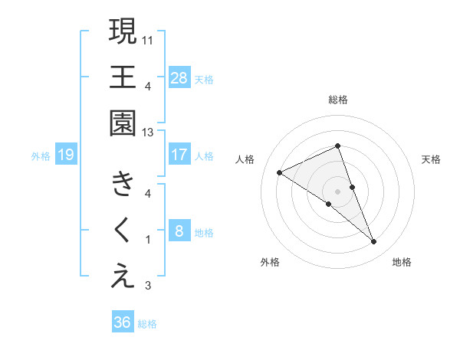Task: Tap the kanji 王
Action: (123, 77)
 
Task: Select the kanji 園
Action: (123, 123)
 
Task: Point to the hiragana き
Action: (123, 184)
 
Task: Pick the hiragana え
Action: (123, 277)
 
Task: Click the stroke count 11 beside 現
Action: (149, 38)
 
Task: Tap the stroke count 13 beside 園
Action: (149, 132)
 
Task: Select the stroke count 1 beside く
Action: (148, 240)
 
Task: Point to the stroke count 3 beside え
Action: (148, 286)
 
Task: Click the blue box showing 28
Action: (179, 77)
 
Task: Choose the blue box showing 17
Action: (179, 155)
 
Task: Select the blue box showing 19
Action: (65, 155)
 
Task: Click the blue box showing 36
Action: (122, 322)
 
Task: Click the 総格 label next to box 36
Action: (147, 324)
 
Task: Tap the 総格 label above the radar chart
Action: (338, 100)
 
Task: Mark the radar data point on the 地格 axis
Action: (374, 242)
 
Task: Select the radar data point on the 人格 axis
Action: (280, 172)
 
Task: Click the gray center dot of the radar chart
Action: (338, 191)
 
